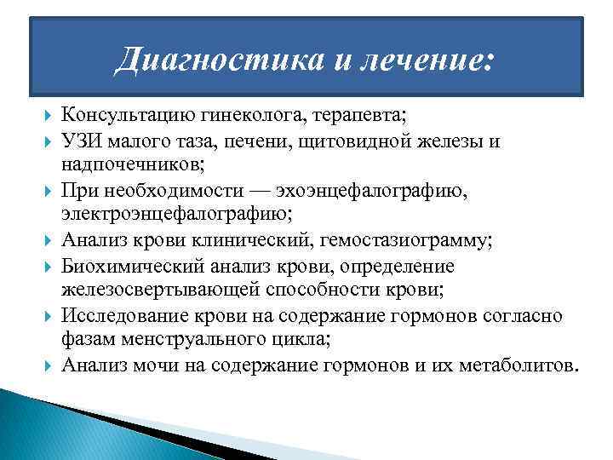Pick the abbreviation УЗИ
82,141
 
